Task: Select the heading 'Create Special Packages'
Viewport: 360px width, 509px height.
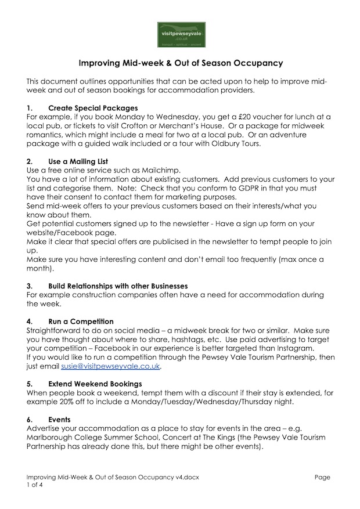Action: [93, 108]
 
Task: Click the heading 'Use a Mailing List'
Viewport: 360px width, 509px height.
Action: [78, 161]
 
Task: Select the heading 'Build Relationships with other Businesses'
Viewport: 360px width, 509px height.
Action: [118, 286]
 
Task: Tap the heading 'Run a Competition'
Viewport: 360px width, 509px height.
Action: [81, 322]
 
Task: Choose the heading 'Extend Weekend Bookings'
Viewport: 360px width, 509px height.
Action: [95, 384]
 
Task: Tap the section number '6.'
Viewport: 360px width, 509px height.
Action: [30, 420]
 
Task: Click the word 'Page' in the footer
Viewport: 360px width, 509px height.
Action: [322, 477]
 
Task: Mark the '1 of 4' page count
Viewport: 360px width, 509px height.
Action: [35, 486]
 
